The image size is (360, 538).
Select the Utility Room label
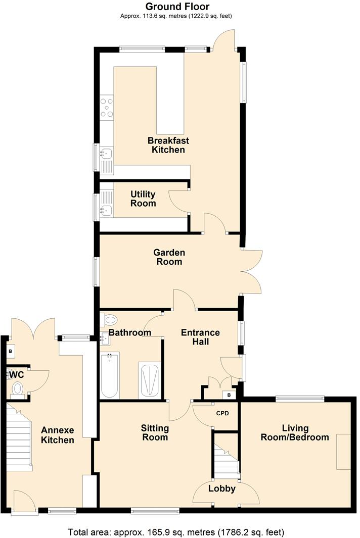[143, 199]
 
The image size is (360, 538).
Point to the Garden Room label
[169, 257]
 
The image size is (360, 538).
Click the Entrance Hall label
[200, 337]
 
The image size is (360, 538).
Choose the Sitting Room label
[154, 433]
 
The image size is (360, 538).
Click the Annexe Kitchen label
[58, 435]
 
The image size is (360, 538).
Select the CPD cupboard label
[222, 413]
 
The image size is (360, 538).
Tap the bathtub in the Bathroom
[110, 376]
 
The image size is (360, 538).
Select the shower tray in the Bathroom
[150, 381]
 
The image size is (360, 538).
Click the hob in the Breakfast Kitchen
[107, 108]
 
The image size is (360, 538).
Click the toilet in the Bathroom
[108, 319]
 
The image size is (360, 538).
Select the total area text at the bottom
[176, 532]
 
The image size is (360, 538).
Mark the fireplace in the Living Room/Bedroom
[344, 452]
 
